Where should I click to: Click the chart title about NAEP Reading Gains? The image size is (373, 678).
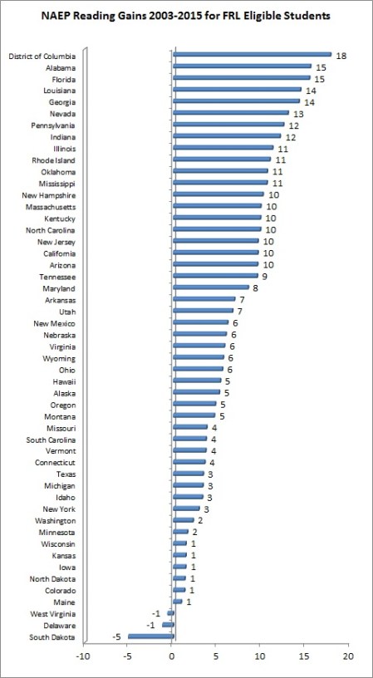click(x=186, y=15)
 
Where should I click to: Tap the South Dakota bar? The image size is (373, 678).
click(x=150, y=636)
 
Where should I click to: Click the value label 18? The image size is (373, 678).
click(x=341, y=55)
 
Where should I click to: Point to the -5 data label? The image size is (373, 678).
click(x=116, y=637)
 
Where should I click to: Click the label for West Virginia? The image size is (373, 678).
click(x=55, y=613)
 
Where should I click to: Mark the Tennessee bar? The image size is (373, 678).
click(x=215, y=276)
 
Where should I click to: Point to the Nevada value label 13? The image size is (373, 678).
click(x=297, y=114)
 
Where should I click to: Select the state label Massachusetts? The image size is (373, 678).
click(x=52, y=206)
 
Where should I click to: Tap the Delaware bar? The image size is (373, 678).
click(x=169, y=625)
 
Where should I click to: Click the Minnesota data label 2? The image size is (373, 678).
click(x=194, y=533)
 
